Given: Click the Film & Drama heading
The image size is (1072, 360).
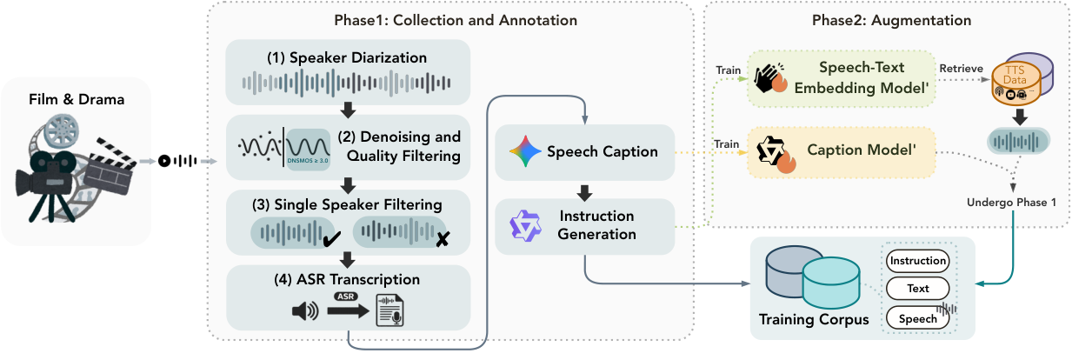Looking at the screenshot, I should pyautogui.click(x=76, y=99).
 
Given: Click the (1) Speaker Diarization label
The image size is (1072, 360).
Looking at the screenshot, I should pyautogui.click(x=347, y=58).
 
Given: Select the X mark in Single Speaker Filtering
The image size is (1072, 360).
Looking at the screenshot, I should pyautogui.click(x=443, y=237).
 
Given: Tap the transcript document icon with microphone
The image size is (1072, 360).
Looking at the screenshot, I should pyautogui.click(x=390, y=310).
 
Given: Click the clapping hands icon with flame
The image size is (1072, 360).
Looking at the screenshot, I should pyautogui.click(x=768, y=79).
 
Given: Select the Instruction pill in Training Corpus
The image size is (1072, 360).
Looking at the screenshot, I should pyautogui.click(x=917, y=260).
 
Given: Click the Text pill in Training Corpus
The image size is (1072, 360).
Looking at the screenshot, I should pyautogui.click(x=917, y=289).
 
